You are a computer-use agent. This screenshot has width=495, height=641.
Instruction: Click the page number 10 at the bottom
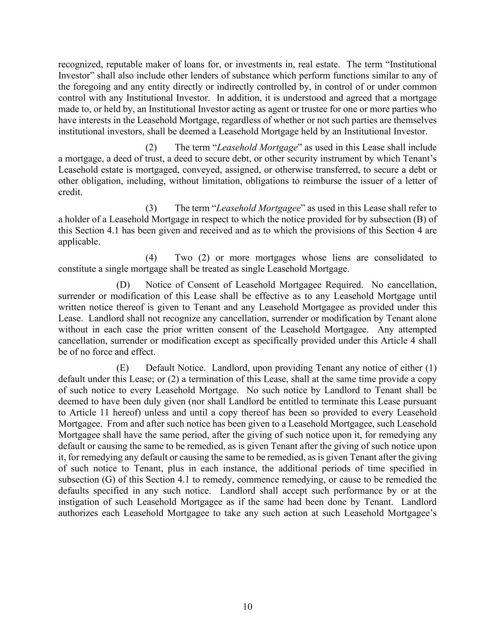[247, 607]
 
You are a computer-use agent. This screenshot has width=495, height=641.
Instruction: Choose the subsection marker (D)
[123, 285]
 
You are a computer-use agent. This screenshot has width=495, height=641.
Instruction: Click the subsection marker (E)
[122, 368]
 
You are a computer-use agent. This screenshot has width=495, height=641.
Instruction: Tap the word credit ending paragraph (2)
[70, 192]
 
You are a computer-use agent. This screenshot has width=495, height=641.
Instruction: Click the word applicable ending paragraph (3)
[79, 242]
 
